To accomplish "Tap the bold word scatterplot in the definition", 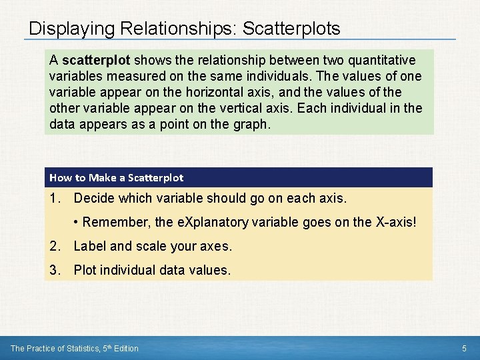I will [92, 61].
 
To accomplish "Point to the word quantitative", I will [376, 61].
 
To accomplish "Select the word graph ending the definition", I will [252, 125].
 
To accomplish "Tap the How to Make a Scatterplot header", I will [116, 177].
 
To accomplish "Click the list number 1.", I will [54, 199].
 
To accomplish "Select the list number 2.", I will [54, 246].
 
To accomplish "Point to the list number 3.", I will [54, 270].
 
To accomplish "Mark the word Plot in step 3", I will [85, 270].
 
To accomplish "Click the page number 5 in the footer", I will [464, 348].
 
